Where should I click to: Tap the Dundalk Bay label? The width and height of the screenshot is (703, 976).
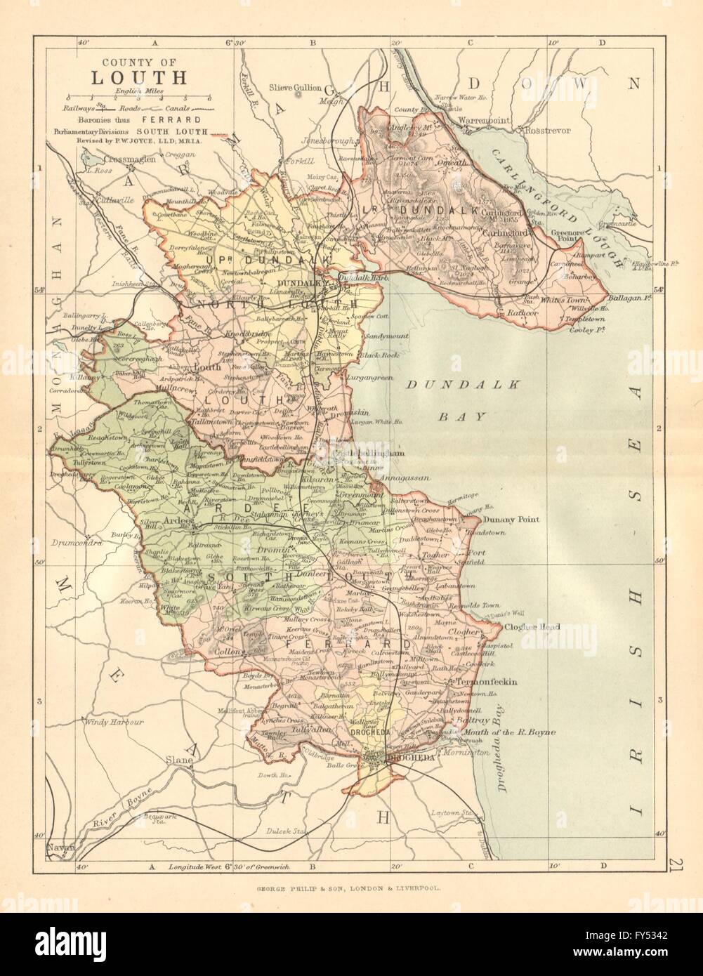pyautogui.click(x=450, y=400)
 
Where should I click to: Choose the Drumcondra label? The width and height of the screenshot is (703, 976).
pyautogui.click(x=77, y=543)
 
